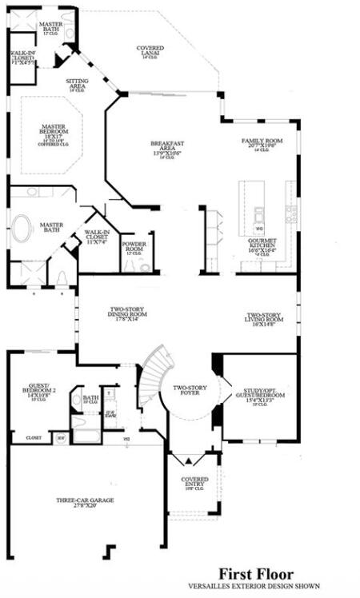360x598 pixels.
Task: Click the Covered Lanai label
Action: [150, 52]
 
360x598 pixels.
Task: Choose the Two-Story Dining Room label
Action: [129, 314]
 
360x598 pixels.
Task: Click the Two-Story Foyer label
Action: [189, 389]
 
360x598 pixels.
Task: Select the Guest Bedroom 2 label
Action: [38, 392]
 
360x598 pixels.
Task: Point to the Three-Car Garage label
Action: [84, 503]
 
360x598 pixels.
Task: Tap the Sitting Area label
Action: [78, 83]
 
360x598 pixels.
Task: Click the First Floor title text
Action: [257, 574]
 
